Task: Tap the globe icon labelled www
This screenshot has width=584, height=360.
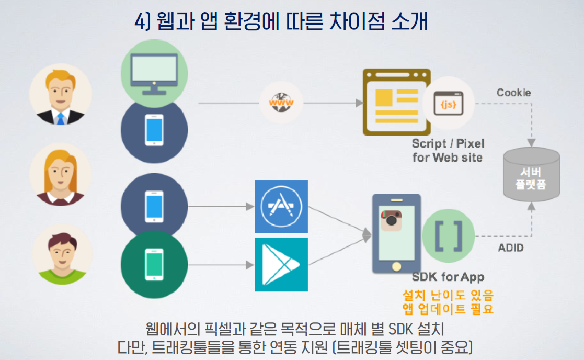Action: (x=281, y=103)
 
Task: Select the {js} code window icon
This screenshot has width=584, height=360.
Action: (x=448, y=104)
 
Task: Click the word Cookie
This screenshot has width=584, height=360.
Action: (x=513, y=93)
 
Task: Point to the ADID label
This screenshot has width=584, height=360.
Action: (x=510, y=248)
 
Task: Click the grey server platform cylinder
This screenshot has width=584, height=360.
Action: (x=531, y=175)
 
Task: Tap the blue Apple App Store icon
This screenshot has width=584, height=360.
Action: (x=281, y=207)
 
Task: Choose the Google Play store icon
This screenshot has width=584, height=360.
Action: (x=281, y=264)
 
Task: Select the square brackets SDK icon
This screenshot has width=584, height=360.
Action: (x=448, y=236)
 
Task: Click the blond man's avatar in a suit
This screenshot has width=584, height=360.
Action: (x=60, y=95)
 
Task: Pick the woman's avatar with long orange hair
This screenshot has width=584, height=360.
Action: (x=60, y=174)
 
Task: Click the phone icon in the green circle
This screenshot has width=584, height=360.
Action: (x=154, y=264)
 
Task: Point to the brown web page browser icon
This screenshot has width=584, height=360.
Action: (x=396, y=102)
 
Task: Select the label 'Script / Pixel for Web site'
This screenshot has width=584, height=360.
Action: (x=448, y=150)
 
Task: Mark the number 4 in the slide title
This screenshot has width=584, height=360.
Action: (x=139, y=22)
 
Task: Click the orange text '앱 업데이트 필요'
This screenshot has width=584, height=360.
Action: (x=448, y=309)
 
